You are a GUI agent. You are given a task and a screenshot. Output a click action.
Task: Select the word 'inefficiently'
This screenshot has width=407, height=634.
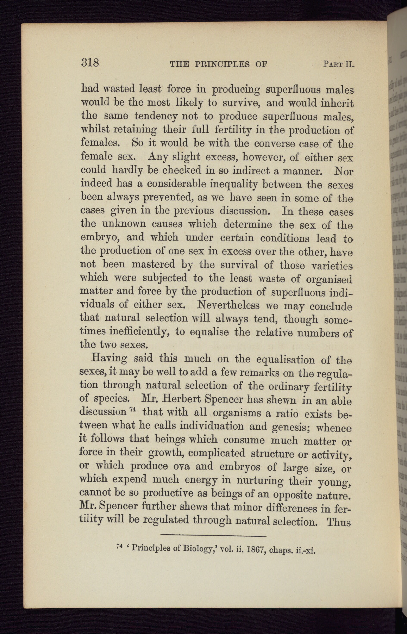(x=136, y=332)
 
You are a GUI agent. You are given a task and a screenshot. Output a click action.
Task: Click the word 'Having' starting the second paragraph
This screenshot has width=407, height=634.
(x=109, y=359)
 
